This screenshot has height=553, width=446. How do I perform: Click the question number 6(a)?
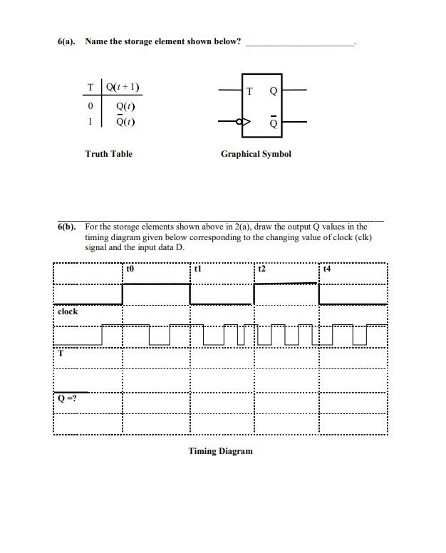pos(68,41)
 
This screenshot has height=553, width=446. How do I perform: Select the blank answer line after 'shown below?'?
pos(299,43)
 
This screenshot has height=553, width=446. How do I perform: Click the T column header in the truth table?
pos(90,88)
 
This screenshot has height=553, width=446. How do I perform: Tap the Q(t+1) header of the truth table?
pos(123,88)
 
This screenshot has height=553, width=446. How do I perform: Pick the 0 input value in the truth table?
pos(90,107)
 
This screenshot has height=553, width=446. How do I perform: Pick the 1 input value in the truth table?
pos(90,121)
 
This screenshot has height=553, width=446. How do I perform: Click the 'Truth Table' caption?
pos(108,154)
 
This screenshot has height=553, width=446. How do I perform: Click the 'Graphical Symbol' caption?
pos(256,154)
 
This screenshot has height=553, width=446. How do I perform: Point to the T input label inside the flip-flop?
pos(249,91)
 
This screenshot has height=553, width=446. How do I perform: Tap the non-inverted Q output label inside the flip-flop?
pos(274,91)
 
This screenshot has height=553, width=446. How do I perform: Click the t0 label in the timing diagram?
pos(130,269)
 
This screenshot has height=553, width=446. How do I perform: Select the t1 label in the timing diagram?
pos(198,269)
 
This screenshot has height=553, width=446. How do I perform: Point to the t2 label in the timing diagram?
pos(261,269)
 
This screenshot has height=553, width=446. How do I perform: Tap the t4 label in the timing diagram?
pos(326,269)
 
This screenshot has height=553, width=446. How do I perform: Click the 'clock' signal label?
pos(68,312)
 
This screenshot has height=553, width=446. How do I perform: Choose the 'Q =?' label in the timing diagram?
pos(68,398)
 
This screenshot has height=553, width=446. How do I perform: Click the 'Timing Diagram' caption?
pos(220,451)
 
